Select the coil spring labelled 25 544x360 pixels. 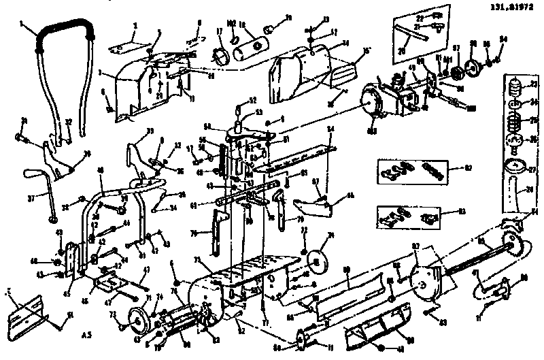pyautogui.click(x=515, y=122)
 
